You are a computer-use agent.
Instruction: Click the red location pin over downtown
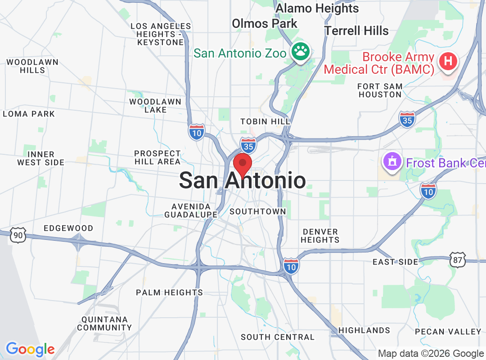point(243,164)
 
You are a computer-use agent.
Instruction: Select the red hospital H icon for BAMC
point(448,62)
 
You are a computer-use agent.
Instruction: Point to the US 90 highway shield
point(18,234)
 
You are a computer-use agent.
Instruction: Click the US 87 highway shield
point(457,260)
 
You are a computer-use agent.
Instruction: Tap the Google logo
point(30,349)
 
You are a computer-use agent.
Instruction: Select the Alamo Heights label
point(317,9)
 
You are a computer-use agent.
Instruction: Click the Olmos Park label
point(264,23)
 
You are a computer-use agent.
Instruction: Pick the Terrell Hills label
point(356,31)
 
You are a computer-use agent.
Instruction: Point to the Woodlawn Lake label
point(155,106)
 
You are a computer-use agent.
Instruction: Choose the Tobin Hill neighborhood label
point(265,121)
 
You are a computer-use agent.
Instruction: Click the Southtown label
point(257,211)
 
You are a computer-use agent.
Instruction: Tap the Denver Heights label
point(320,236)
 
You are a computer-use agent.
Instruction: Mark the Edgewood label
point(68,228)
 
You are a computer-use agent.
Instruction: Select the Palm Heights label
point(169,292)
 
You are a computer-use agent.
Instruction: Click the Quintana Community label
point(105,323)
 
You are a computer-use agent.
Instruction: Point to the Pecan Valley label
point(448,332)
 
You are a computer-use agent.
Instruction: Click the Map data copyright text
point(431,354)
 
